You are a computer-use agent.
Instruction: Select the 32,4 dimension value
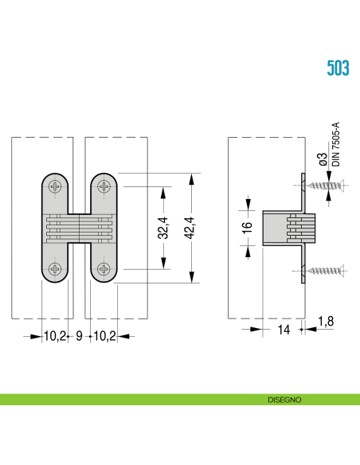click(x=163, y=228)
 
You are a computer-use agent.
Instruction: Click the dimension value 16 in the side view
click(x=248, y=226)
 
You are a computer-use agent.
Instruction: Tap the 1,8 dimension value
click(x=325, y=321)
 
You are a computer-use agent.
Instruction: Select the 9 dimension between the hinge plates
click(x=80, y=336)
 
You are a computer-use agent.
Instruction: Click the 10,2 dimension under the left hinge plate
click(x=54, y=336)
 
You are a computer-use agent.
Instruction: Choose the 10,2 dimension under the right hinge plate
click(x=105, y=336)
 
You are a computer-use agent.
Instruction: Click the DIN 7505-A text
click(x=335, y=144)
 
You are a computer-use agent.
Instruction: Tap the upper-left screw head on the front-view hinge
click(x=54, y=187)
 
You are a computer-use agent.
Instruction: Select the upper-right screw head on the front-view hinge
click(x=104, y=187)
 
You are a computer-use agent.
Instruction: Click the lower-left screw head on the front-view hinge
click(x=54, y=268)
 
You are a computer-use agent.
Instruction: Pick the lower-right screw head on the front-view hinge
click(x=104, y=268)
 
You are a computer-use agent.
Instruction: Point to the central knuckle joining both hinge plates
click(x=79, y=228)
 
